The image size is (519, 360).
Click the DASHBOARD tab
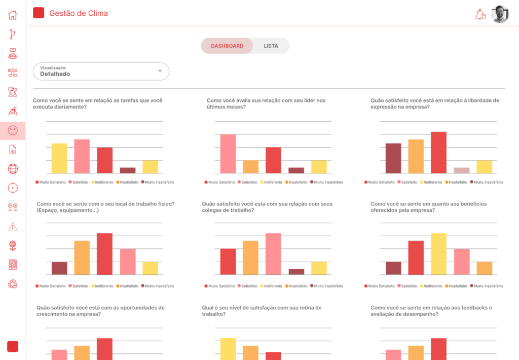tap(227, 46)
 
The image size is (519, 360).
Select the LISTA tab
tap(271, 46)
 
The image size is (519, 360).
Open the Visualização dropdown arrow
tap(160, 71)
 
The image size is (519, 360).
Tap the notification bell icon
tap(479, 14)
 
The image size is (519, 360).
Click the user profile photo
tap(500, 14)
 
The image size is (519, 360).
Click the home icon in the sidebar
tap(13, 15)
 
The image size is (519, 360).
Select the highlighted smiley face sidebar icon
tap(13, 130)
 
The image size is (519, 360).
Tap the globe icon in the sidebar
tap(13, 169)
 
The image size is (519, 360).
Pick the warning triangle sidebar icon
tap(13, 226)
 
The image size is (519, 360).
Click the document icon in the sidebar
tap(13, 150)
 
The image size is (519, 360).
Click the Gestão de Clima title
tap(79, 14)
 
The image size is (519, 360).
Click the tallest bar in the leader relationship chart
tap(228, 154)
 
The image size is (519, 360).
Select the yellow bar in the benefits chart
tap(438, 254)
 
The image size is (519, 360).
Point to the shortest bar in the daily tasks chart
tap(128, 170)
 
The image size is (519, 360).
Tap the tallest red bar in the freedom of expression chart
tap(438, 152)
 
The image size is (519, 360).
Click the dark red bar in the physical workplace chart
tap(59, 268)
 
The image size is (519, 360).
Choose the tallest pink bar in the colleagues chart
tap(273, 254)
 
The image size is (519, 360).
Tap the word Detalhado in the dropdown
tap(55, 74)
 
